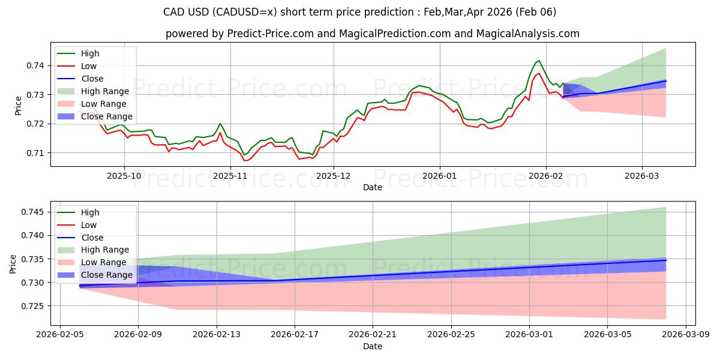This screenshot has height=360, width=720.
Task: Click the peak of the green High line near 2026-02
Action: point(539,61)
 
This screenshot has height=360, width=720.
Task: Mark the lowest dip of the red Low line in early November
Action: point(245,160)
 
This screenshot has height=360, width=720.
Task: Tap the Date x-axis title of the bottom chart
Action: point(372,347)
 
